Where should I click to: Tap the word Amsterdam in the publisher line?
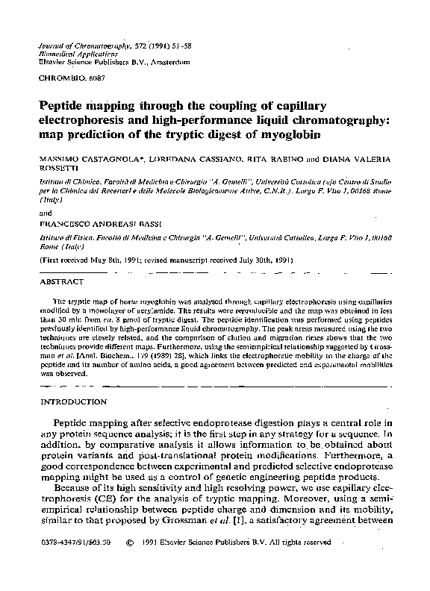(x=167, y=63)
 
